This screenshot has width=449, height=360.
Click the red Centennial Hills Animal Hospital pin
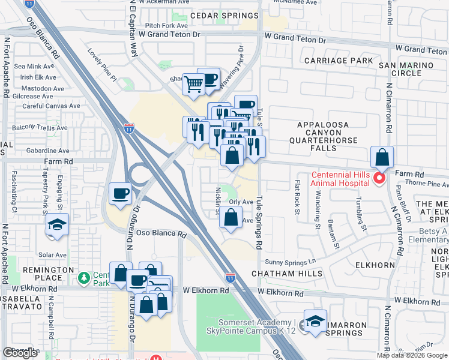click(x=379, y=178)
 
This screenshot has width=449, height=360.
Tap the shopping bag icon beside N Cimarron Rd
click(x=382, y=158)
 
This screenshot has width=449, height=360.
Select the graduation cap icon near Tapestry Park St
click(x=58, y=224)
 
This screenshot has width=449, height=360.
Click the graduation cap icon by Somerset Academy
click(x=315, y=321)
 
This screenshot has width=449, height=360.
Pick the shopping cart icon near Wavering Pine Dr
click(x=194, y=85)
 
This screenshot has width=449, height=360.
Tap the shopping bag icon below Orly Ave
click(x=231, y=218)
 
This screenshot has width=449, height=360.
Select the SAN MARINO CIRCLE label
click(x=406, y=69)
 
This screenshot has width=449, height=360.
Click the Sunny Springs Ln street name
click(x=291, y=262)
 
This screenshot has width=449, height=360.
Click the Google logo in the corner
click(x=20, y=353)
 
